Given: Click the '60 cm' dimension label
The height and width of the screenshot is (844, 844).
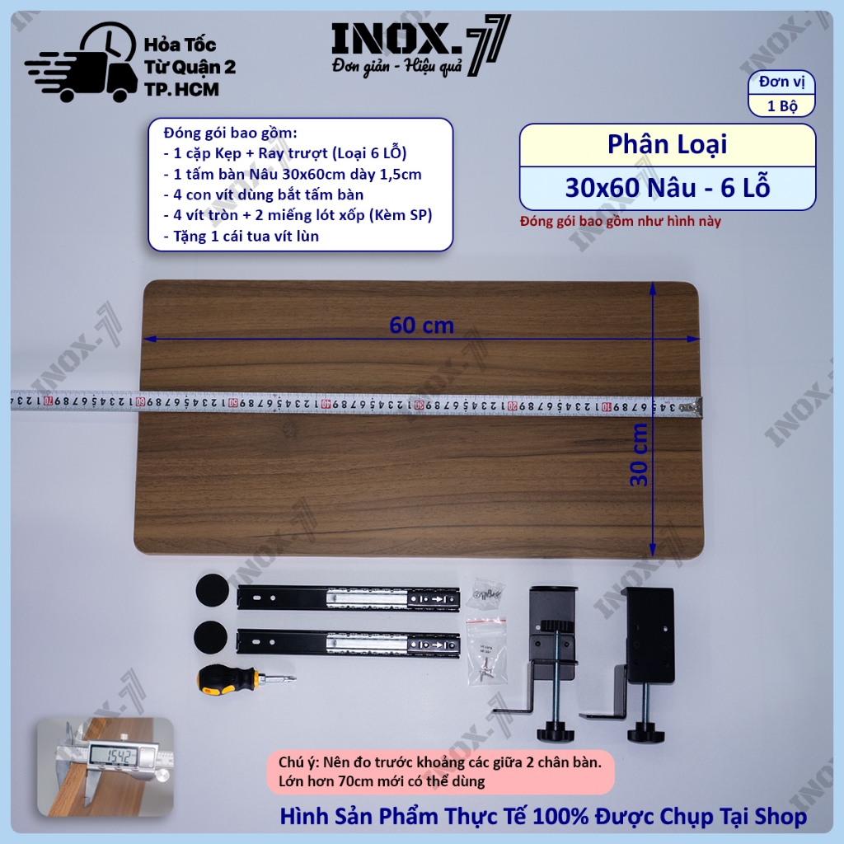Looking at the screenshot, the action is (x=421, y=325).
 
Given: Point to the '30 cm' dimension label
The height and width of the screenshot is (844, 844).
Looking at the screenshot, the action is (x=639, y=455).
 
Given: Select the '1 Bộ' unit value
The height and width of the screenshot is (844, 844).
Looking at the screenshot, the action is (x=782, y=105).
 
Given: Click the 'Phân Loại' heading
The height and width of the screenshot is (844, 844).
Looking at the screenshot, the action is (x=667, y=144).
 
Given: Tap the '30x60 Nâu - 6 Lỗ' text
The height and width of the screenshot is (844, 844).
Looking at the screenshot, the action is (x=668, y=187).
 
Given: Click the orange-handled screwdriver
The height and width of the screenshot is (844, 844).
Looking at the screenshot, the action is (x=246, y=679).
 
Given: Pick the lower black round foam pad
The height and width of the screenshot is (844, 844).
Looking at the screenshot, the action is (x=211, y=638).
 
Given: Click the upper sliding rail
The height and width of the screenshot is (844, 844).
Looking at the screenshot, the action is (x=349, y=598).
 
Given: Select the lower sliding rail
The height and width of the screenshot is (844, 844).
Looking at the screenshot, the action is (x=349, y=643).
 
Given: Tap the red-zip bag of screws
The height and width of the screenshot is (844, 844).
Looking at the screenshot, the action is (x=486, y=652).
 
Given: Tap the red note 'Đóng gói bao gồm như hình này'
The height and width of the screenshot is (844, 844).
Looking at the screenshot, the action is (x=620, y=221).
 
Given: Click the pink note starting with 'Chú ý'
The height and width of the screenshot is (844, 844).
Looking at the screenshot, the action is (x=440, y=771).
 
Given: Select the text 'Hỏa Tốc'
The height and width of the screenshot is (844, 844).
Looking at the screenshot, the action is (x=180, y=45).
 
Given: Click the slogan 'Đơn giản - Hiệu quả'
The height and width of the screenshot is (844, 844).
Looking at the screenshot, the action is (x=397, y=66).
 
